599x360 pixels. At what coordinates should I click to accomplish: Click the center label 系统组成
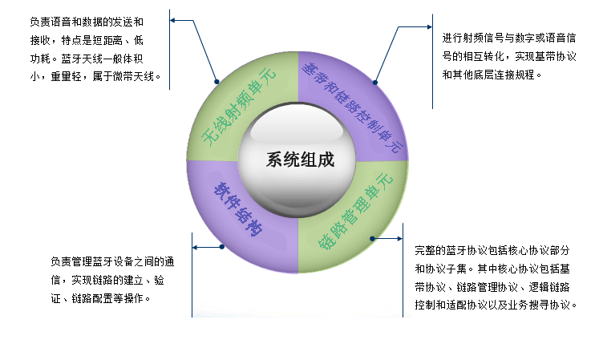[x=300, y=160]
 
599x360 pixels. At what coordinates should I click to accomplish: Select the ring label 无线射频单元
[x=239, y=107]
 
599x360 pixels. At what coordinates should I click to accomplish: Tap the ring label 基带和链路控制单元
[x=352, y=107]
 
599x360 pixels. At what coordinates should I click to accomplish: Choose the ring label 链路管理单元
[x=356, y=211]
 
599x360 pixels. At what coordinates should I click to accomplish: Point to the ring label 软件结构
[x=237, y=208]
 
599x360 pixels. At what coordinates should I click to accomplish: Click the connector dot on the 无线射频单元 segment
[x=217, y=82]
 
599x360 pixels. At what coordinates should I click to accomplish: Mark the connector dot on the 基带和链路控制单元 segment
[x=375, y=83]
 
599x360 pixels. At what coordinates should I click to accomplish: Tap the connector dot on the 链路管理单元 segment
[x=372, y=238]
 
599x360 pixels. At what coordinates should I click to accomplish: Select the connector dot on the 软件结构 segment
[x=221, y=247]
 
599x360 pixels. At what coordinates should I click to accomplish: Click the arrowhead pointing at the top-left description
[x=172, y=20]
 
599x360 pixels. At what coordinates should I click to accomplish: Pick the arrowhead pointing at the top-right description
[x=430, y=26]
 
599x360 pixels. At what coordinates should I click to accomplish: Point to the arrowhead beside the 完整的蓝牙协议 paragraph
[x=400, y=238]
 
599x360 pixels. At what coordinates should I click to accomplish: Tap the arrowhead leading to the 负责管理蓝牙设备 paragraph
[x=195, y=247]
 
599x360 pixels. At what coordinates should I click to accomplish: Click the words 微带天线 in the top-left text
[x=133, y=76]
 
